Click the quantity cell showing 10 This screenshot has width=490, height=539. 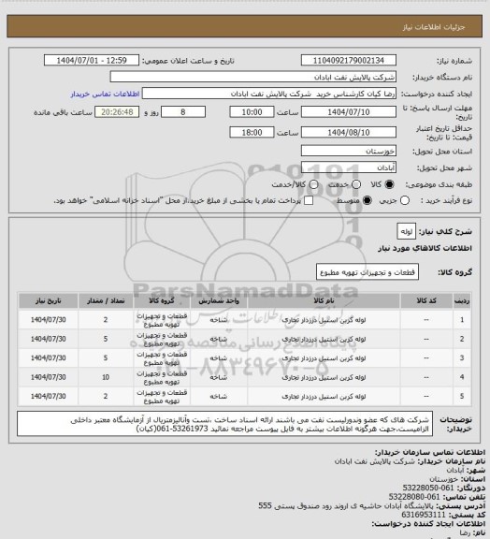(105, 377)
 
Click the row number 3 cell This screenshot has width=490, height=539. (462, 357)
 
